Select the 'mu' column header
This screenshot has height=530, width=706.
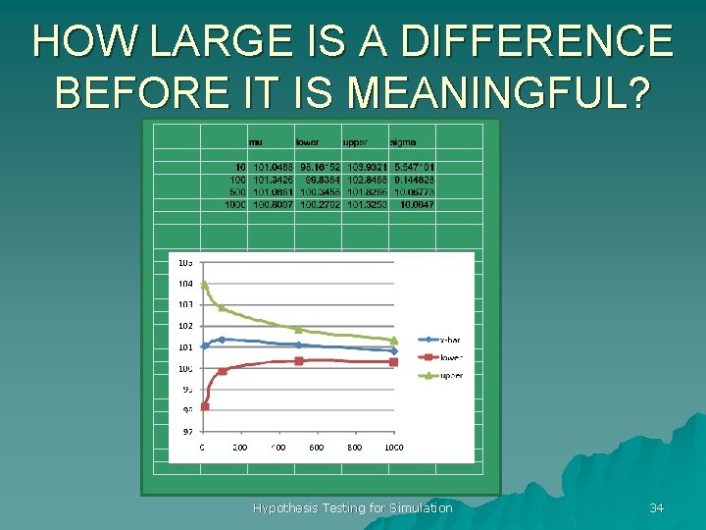pos(255,142)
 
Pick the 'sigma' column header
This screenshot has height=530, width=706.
pos(402,142)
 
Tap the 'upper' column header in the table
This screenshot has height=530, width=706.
pos(355,142)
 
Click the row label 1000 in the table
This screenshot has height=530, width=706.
pos(234,205)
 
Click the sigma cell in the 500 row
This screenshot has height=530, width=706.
pos(414,192)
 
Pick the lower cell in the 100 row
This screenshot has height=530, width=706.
pos(320,181)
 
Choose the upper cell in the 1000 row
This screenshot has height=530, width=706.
pos(366,205)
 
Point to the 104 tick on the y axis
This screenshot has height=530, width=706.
pos(185,284)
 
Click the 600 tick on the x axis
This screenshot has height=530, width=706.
pos(317,448)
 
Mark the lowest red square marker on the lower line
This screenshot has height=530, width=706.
pos(205,406)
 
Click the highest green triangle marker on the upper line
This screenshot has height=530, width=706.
pos(204,285)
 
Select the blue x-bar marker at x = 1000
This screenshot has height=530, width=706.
pos(394,350)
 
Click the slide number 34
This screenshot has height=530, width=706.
pos(656,507)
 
